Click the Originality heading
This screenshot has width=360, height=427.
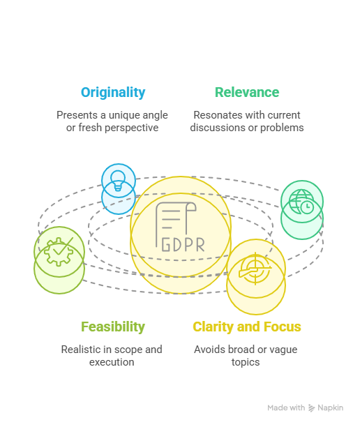pos(113,93)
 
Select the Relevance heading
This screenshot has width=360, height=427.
pos(247,92)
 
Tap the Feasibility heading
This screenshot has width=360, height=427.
pos(113,327)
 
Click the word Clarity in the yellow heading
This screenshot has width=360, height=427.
pos(213,327)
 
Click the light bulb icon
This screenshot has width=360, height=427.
pos(118,181)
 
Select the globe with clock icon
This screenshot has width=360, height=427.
pos(301,202)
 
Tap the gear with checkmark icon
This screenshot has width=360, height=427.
pos(59,251)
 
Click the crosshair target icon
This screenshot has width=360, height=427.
pos(255,269)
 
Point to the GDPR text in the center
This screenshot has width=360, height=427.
pos(183,244)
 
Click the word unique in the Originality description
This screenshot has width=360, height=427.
pos(124,115)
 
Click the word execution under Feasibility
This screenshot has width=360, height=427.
pos(112,362)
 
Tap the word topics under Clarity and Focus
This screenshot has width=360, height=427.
pos(246,363)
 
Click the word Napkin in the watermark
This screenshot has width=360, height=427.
pos(330,407)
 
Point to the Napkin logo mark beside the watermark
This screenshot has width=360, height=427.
pos(311,408)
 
